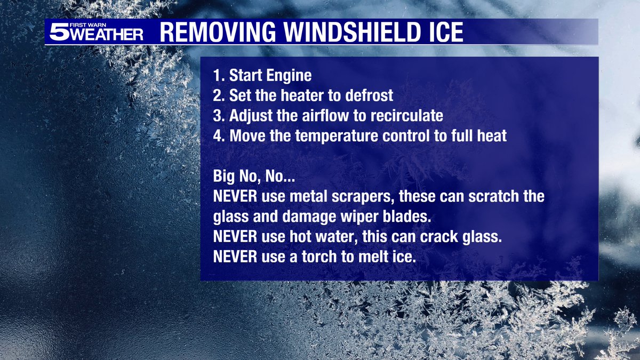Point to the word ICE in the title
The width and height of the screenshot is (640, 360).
click(x=444, y=32)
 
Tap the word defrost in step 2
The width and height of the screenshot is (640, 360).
click(x=366, y=96)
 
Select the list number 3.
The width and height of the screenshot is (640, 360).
click(x=217, y=116)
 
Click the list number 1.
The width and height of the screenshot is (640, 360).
click(x=217, y=76)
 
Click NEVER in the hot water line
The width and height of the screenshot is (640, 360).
click(x=235, y=236)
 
